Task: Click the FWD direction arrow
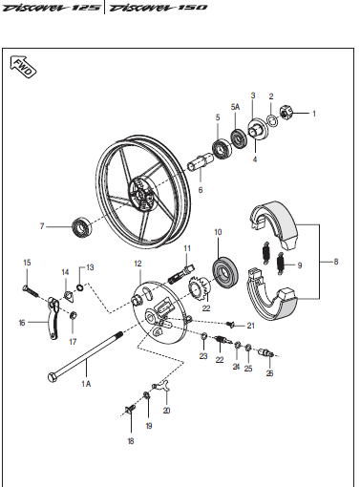pyautogui.click(x=24, y=67)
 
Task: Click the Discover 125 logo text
pyautogui.click(x=51, y=8)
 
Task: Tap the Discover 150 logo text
pyautogui.click(x=159, y=8)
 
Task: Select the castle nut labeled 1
pyautogui.click(x=286, y=113)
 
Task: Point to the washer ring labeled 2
pyautogui.click(x=272, y=121)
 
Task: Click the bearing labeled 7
pyautogui.click(x=82, y=227)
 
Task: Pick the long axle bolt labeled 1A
pyautogui.click(x=85, y=356)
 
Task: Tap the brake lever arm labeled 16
pyautogui.click(x=53, y=318)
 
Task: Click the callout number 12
pyautogui.click(x=138, y=264)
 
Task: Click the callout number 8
pyautogui.click(x=336, y=262)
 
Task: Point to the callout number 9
pyautogui.click(x=300, y=265)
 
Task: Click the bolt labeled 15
pyautogui.click(x=31, y=291)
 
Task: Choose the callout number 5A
pyautogui.click(x=235, y=107)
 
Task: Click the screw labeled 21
pyautogui.click(x=230, y=325)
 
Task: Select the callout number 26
pyautogui.click(x=269, y=373)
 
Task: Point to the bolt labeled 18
pyautogui.click(x=131, y=409)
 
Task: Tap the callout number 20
pyautogui.click(x=166, y=411)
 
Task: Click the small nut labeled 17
pyautogui.click(x=73, y=315)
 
